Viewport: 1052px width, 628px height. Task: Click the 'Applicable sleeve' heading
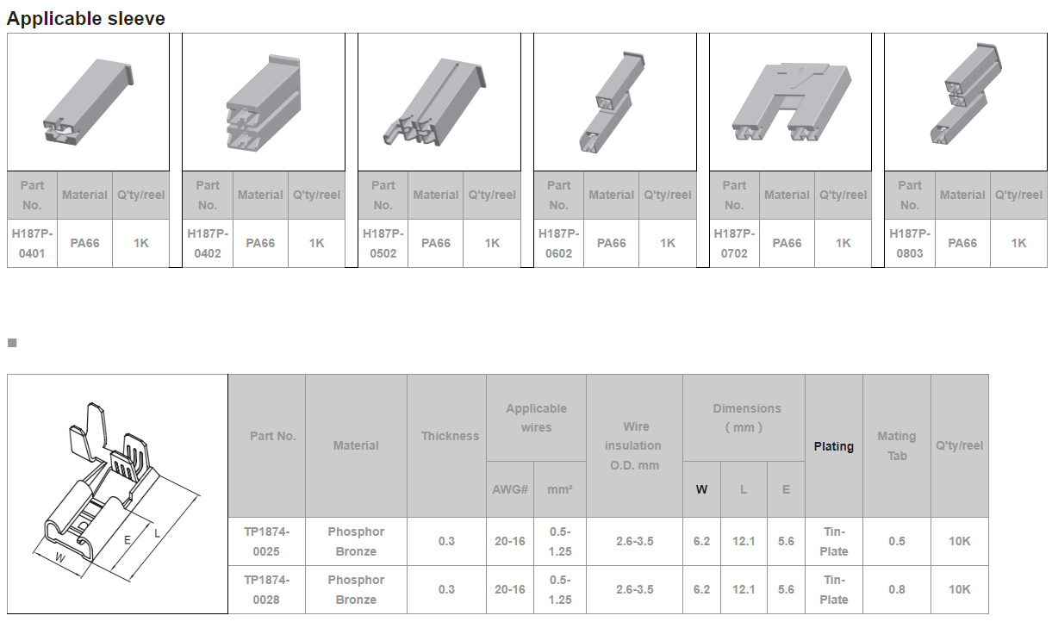pyautogui.click(x=86, y=19)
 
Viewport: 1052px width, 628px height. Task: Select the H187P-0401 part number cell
pyautogui.click(x=32, y=243)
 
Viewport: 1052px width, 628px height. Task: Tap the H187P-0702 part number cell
pyautogui.click(x=734, y=243)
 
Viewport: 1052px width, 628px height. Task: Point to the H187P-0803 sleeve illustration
pyautogui.click(x=966, y=94)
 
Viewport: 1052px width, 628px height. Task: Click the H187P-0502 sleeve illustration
pyautogui.click(x=435, y=102)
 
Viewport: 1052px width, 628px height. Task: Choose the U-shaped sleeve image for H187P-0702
pyautogui.click(x=792, y=102)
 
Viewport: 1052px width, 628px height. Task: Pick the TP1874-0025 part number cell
pyautogui.click(x=267, y=542)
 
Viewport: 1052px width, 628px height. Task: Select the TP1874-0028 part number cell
pyautogui.click(x=267, y=589)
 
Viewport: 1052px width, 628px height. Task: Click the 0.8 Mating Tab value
pyautogui.click(x=897, y=589)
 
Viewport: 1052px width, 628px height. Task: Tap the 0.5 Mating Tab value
pyautogui.click(x=897, y=542)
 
